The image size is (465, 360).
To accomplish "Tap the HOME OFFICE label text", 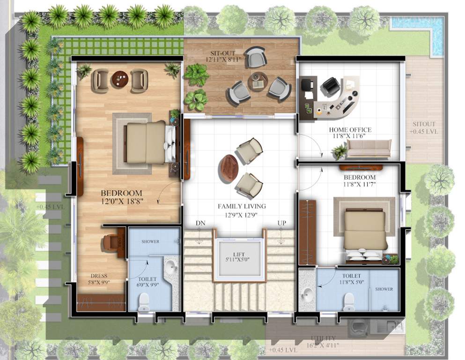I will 350,130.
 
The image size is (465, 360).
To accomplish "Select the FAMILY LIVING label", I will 242,206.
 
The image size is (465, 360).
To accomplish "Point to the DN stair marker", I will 200,224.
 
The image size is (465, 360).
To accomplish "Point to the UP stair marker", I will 281,224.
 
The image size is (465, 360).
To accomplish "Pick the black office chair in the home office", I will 331,86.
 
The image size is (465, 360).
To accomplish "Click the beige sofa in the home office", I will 369,148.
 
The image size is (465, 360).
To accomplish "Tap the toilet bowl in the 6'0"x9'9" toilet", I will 144,301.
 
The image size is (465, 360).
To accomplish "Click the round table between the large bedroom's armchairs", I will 120,79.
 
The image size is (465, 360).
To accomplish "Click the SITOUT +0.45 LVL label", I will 425,128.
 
